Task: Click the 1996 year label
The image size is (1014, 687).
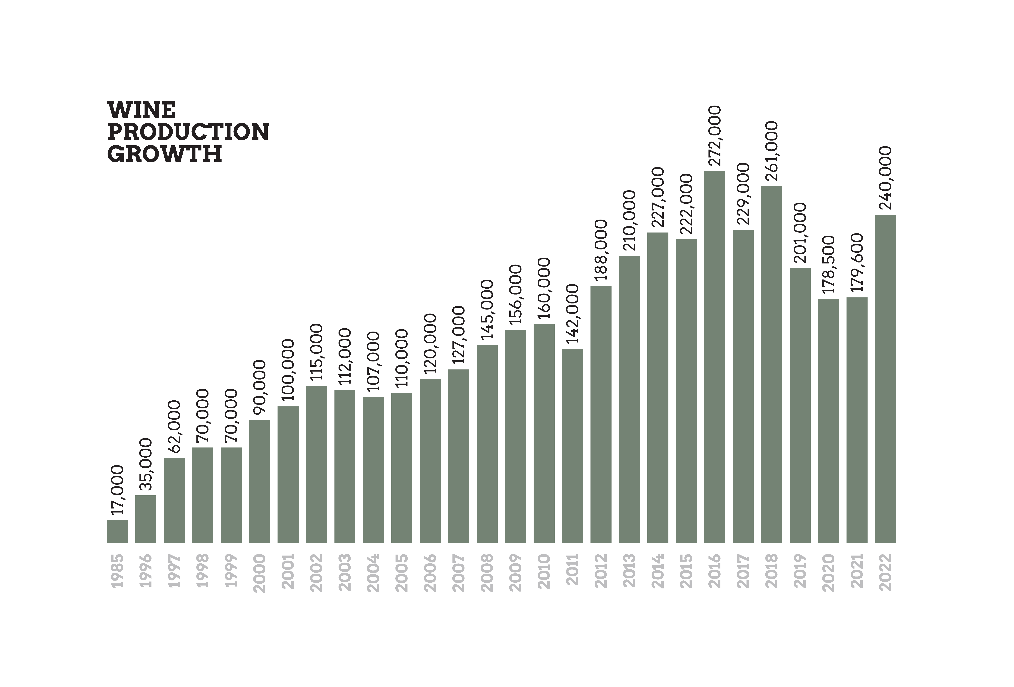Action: coord(146,570)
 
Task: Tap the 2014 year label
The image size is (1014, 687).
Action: coord(658,571)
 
